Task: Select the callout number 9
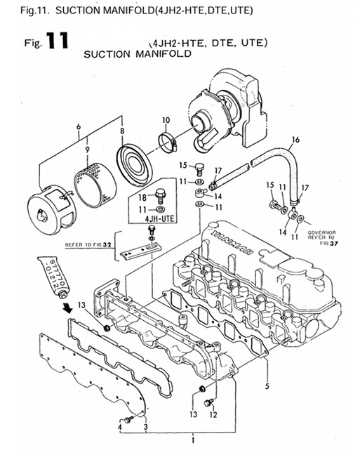(86, 150)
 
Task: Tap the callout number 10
(166, 120)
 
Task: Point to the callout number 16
(295, 140)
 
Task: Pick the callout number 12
(213, 415)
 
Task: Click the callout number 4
(119, 427)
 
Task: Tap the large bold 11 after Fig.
(55, 41)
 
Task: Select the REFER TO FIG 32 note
(89, 246)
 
